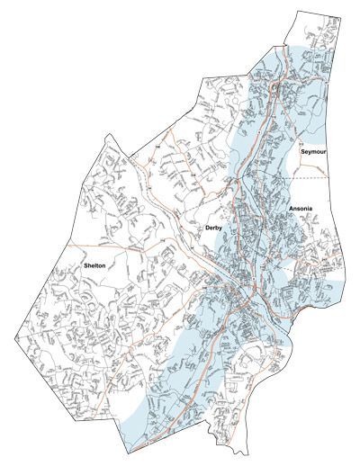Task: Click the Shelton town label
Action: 95,266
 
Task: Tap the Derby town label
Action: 213,229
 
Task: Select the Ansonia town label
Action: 301,209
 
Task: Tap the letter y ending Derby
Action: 220,230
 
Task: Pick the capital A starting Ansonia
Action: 291,209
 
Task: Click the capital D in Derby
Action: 207,229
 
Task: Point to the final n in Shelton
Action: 105,266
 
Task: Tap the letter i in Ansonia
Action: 309,209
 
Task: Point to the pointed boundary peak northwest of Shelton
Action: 109,136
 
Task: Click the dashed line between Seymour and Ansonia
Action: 333,178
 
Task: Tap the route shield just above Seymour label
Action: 302,142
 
